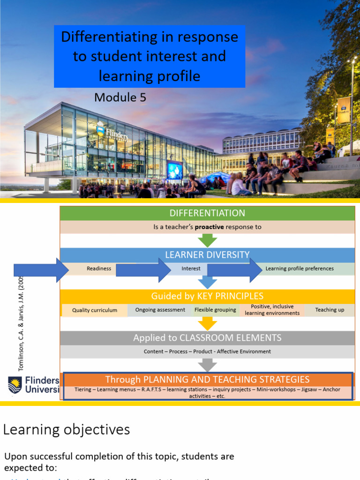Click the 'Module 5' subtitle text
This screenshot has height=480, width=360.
[120, 97]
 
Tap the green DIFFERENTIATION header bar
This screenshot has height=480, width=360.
[207, 213]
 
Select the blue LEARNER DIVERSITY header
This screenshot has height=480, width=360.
[207, 255]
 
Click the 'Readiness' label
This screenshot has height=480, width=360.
[99, 269]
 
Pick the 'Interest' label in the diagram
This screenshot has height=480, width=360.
[191, 269]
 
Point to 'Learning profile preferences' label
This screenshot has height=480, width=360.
[300, 269]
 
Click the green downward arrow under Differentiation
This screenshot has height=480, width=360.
[207, 240]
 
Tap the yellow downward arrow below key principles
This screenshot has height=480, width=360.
[207, 323]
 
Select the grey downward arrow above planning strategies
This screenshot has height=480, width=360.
[207, 365]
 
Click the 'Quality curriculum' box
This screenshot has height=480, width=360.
[95, 310]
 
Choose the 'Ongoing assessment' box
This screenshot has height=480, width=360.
[160, 310]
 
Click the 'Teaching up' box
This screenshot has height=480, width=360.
[330, 310]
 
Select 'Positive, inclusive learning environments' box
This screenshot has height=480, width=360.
[272, 310]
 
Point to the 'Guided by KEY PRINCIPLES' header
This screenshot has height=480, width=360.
[207, 296]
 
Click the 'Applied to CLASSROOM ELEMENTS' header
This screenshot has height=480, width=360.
[207, 337]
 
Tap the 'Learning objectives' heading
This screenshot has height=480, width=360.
[67, 429]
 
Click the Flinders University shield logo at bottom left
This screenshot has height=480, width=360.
[15, 385]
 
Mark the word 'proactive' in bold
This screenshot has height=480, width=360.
[209, 227]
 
